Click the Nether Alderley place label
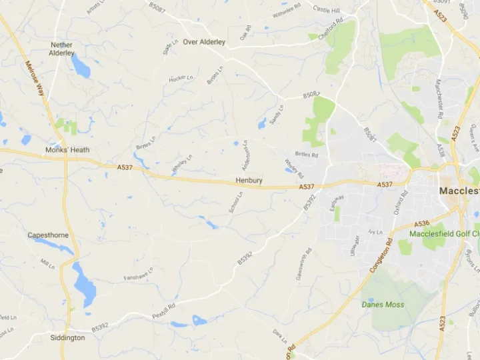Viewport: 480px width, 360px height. pyautogui.click(x=61, y=49)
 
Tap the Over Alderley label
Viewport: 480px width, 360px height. pyautogui.click(x=204, y=42)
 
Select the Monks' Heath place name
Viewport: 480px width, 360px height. pyautogui.click(x=66, y=150)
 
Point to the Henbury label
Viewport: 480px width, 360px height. pyautogui.click(x=249, y=181)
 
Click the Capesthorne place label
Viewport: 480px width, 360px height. pyautogui.click(x=48, y=235)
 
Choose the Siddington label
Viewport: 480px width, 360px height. pyautogui.click(x=67, y=338)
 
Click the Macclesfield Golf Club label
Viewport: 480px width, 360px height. pyautogui.click(x=444, y=234)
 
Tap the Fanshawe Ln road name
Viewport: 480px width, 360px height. pyautogui.click(x=139, y=273)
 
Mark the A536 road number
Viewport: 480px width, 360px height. pyautogui.click(x=421, y=224)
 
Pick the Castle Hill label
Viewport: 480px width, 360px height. pyautogui.click(x=326, y=10)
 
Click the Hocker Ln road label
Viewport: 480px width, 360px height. pyautogui.click(x=177, y=79)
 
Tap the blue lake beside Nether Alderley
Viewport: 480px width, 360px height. pyautogui.click(x=81, y=66)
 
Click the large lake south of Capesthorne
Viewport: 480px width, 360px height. pyautogui.click(x=85, y=284)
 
